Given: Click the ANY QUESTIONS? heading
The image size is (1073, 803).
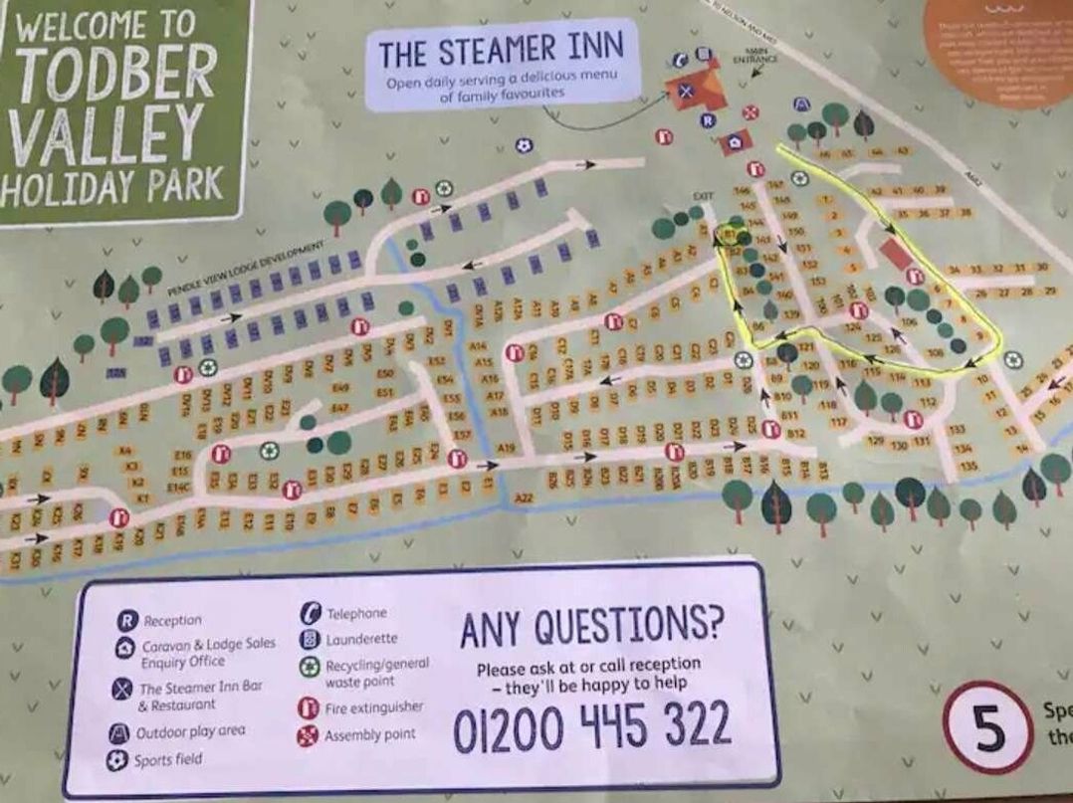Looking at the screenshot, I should [x=591, y=627].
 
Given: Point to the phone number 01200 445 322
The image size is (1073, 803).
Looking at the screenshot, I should [x=592, y=727].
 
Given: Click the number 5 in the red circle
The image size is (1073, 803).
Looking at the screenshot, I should [x=988, y=731].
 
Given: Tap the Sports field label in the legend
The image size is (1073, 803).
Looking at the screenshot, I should [x=168, y=760].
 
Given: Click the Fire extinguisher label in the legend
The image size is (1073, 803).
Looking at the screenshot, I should [x=373, y=708].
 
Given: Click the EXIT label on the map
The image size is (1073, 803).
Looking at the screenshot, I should [x=702, y=197].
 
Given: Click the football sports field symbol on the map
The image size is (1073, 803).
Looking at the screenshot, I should [x=524, y=145].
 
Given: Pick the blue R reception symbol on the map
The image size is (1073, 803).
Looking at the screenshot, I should [x=708, y=120].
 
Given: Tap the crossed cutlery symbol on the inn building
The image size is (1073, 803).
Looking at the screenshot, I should [x=685, y=89].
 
